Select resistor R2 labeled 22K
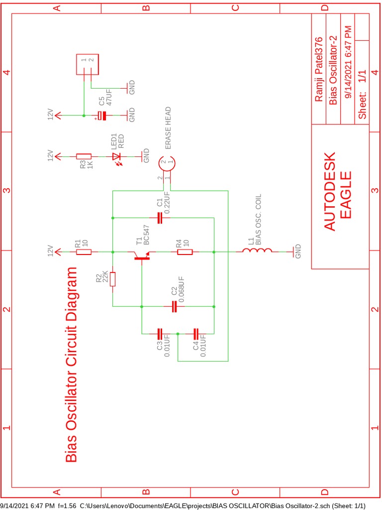click(113, 279)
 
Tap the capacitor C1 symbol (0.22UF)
click(160, 218)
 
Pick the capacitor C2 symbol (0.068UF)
click(174, 306)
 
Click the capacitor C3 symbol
click(160, 333)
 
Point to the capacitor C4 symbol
click(196, 333)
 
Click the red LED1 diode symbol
click(118, 156)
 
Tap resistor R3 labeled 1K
click(84, 156)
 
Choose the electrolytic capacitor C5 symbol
click(102, 116)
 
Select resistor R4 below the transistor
click(185, 252)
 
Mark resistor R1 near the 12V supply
click(84, 252)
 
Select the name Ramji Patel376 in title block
click(319, 69)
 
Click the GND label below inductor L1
click(298, 252)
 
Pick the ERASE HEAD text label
click(168, 128)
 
